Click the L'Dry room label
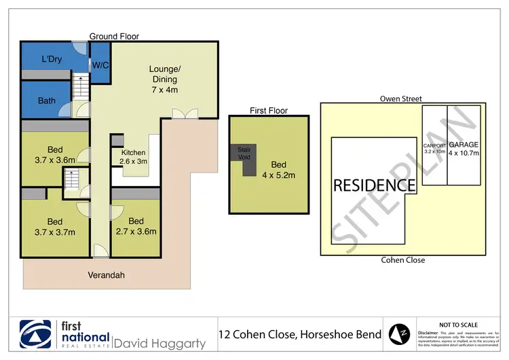[x=52, y=59]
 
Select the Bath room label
[x=47, y=101]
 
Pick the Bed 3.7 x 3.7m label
[x=55, y=226]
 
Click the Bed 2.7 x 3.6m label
[x=136, y=226]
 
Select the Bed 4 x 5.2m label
[x=278, y=170]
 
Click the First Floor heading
[x=269, y=110]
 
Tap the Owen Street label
[x=402, y=98]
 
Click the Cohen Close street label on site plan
[x=403, y=260]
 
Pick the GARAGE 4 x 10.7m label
[x=464, y=148]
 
